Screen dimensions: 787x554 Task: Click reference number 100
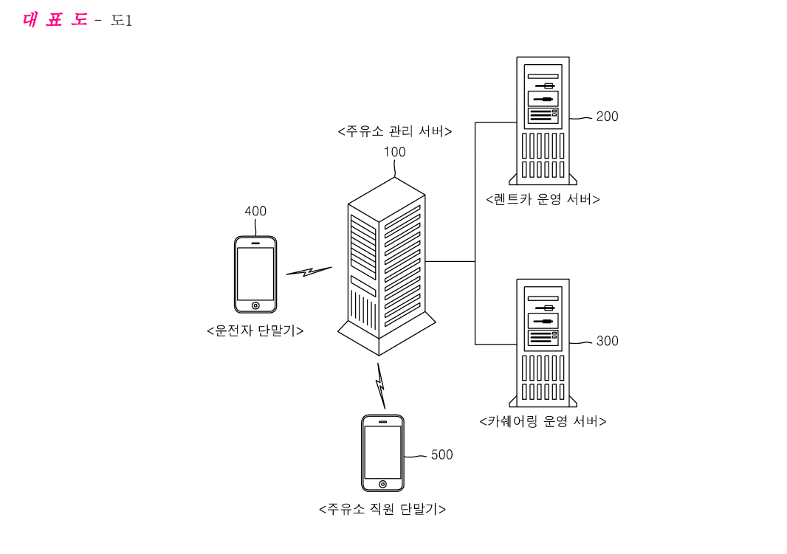pyautogui.click(x=394, y=152)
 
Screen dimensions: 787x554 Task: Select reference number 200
pyautogui.click(x=607, y=117)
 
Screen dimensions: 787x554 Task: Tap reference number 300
pyautogui.click(x=607, y=341)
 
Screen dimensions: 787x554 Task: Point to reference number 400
pyautogui.click(x=255, y=211)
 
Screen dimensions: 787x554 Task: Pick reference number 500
pyautogui.click(x=441, y=454)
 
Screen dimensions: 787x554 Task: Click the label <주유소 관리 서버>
pyautogui.click(x=395, y=131)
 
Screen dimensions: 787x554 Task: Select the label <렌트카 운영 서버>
pyautogui.click(x=543, y=199)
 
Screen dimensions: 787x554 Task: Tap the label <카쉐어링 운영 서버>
pyautogui.click(x=543, y=422)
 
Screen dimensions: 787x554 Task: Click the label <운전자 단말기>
pyautogui.click(x=255, y=331)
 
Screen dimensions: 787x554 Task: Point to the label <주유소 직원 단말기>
pyautogui.click(x=382, y=510)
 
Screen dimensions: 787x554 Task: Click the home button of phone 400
pyautogui.click(x=255, y=305)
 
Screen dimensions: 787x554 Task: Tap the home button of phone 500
pyautogui.click(x=382, y=484)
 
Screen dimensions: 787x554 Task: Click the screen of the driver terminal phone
pyautogui.click(x=255, y=274)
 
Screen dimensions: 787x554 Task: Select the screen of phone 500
pyautogui.click(x=382, y=452)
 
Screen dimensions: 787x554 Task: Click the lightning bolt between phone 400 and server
pyautogui.click(x=309, y=271)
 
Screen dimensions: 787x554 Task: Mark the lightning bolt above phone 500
pyautogui.click(x=381, y=386)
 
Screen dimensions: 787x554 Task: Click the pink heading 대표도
pyautogui.click(x=55, y=20)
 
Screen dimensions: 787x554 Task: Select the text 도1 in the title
pyautogui.click(x=122, y=20)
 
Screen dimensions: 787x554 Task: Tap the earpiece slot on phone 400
pyautogui.click(x=255, y=243)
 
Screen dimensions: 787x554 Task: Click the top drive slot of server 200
pyautogui.click(x=543, y=76)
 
